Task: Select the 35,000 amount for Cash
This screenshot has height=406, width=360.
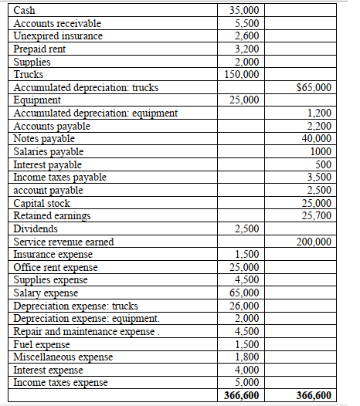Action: pos(246,10)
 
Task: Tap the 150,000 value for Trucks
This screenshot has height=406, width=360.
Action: pos(243,74)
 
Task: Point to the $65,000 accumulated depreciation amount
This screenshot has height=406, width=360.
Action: pos(314,87)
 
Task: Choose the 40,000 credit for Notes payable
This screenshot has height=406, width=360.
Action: pos(317,139)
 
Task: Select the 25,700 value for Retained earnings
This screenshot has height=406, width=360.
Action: pos(317,215)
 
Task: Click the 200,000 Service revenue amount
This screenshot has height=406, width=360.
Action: pos(314,242)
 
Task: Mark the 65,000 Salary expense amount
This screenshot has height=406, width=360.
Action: pos(246,293)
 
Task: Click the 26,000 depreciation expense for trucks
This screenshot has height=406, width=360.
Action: pos(246,306)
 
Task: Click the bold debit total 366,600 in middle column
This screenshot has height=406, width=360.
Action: pos(242,395)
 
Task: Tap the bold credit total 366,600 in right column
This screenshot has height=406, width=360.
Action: pos(314,395)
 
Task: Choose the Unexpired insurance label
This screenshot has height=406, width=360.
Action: pos(58,36)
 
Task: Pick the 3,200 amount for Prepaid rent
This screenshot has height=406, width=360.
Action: pos(248,49)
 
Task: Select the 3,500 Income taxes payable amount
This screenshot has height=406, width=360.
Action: pos(319,178)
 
